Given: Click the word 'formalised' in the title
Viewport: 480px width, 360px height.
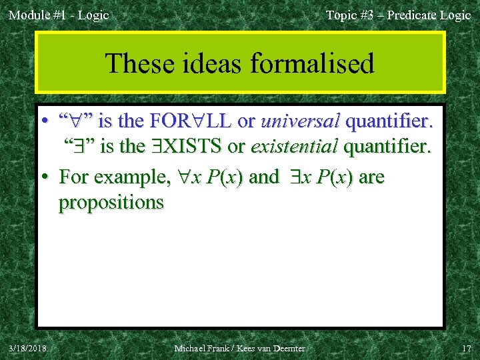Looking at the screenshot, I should click(313, 64).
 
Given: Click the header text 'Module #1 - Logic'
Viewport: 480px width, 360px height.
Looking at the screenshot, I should click(58, 15).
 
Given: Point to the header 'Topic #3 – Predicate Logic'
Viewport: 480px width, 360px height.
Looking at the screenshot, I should click(398, 15).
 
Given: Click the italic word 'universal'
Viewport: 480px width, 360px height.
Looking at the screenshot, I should click(301, 122).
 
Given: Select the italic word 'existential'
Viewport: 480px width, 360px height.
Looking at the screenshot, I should click(293, 146).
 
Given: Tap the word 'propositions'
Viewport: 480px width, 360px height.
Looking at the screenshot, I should click(111, 202).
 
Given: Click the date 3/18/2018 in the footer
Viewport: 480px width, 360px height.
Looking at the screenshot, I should click(28, 348).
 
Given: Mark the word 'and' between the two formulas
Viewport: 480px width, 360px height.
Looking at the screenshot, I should click(264, 177).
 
